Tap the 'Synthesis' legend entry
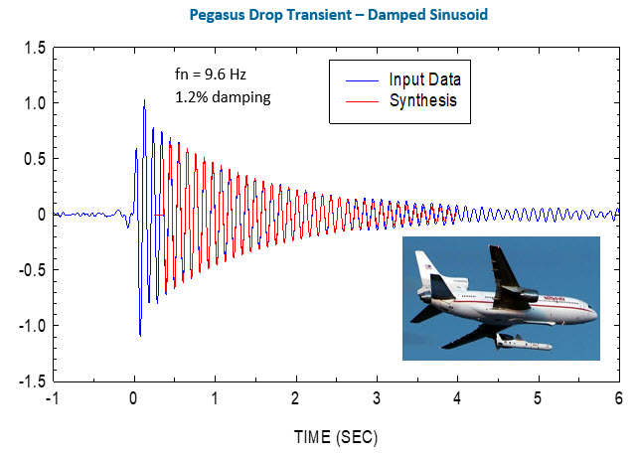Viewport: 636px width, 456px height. coord(424,100)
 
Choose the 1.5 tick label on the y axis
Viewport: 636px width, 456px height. coord(35,48)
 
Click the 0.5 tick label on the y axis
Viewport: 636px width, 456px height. coord(35,159)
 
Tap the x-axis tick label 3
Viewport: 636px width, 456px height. coord(376,399)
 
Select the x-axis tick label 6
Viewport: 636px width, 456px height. coord(617,399)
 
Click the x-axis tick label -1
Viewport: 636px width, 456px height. coord(52,399)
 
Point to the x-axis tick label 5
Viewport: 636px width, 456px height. coord(537,399)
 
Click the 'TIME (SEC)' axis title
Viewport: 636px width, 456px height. coord(335,436)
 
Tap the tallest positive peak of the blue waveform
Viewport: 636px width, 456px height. coord(144,100)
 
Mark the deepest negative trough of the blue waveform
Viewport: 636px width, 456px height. coord(140,335)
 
